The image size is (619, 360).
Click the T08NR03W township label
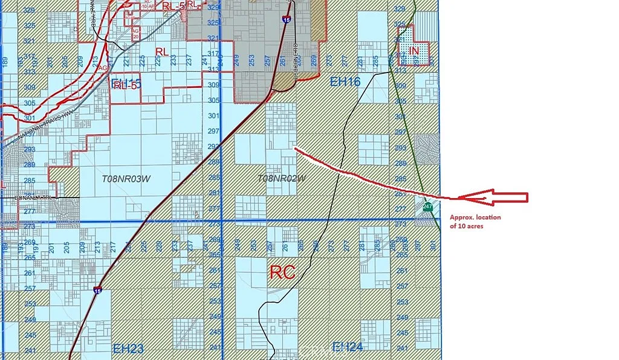[125, 179]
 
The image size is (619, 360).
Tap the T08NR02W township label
[282, 178]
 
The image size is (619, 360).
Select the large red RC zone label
[282, 272]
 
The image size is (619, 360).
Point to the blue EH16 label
[345, 82]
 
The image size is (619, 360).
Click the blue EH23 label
[128, 349]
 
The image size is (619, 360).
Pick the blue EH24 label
[347, 347]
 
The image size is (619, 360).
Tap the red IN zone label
[413, 51]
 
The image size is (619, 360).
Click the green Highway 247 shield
[428, 207]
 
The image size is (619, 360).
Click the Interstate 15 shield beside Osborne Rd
[285, 19]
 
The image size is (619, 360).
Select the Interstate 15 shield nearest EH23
[98, 291]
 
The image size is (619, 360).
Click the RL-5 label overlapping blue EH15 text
[125, 85]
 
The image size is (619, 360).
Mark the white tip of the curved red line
[295, 147]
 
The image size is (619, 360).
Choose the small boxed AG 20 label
[135, 32]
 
